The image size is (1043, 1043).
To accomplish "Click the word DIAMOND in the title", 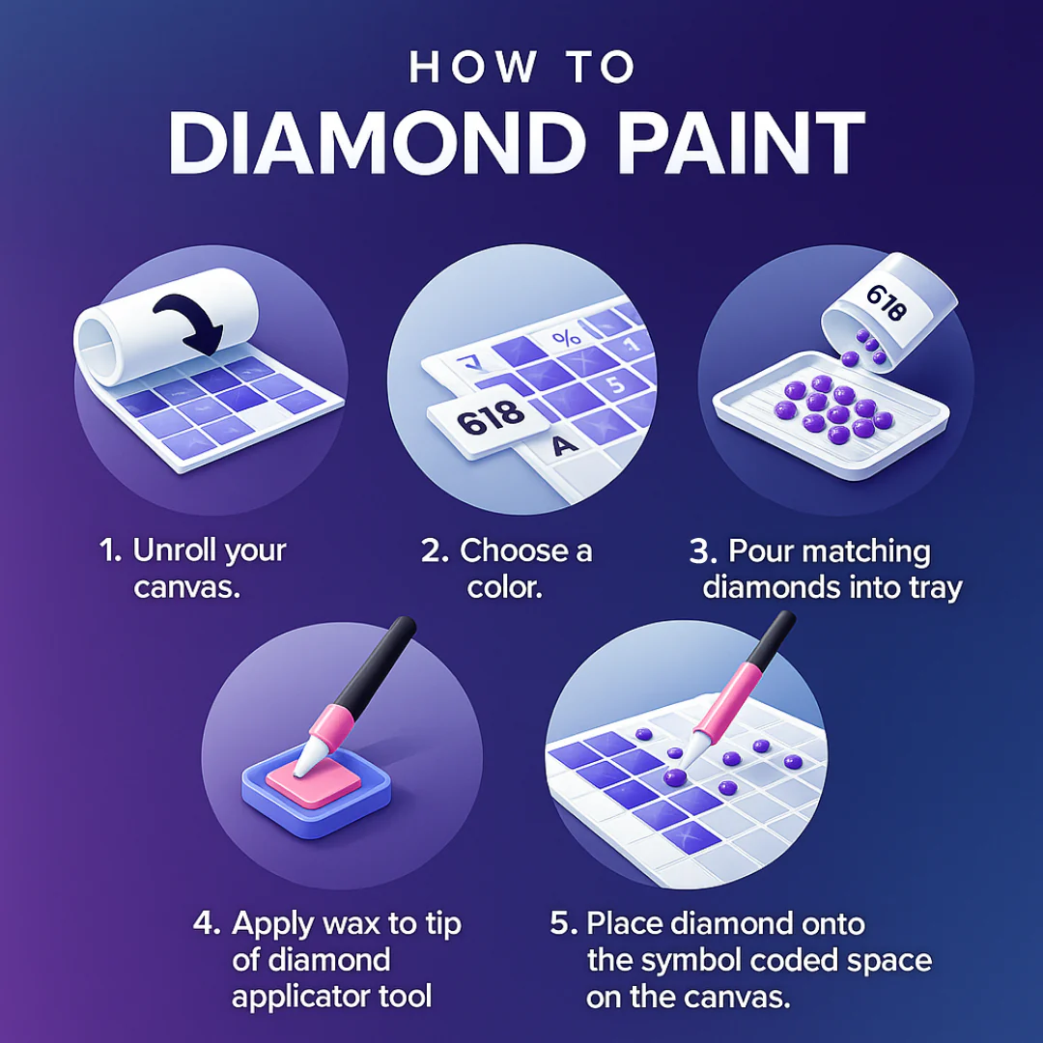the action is tap(378, 143).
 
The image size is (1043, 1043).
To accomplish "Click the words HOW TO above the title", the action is tap(521, 67).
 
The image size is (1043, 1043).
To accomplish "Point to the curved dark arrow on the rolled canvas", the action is tap(189, 323).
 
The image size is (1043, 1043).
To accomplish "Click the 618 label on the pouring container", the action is tap(886, 302).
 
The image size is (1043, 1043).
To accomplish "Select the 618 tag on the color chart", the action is tap(489, 419).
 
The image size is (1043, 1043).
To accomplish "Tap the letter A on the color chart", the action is tap(565, 445).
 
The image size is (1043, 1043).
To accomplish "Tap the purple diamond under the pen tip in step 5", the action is tap(674, 776).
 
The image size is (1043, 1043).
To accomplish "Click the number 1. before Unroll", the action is tap(110, 550).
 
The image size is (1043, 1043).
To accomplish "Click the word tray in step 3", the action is tap(937, 589).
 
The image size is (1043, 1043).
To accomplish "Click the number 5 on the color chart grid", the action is tap(616, 384).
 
